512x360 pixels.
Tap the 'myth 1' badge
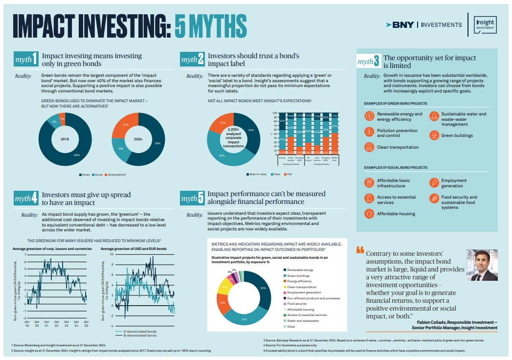[26, 60]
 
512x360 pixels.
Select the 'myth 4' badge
[26, 199]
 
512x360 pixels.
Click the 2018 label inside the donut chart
[65, 139]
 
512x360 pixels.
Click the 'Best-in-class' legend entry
[257, 175]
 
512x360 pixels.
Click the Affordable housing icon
[369, 214]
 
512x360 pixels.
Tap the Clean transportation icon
[369, 147]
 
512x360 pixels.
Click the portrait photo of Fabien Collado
[483, 265]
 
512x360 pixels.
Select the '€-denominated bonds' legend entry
[132, 332]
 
